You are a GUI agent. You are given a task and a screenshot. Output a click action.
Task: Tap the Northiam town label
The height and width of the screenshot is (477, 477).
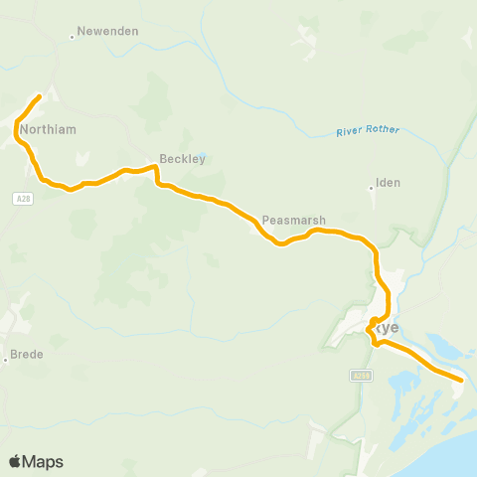tap(47, 129)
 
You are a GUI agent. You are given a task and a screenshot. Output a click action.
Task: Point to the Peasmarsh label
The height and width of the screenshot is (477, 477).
tap(289, 220)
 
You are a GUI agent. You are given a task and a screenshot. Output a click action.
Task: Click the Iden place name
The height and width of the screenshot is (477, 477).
tap(388, 185)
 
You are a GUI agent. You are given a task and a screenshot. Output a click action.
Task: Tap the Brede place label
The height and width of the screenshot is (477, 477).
tap(29, 354)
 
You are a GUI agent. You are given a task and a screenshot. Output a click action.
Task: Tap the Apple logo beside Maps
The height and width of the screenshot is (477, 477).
tap(15, 461)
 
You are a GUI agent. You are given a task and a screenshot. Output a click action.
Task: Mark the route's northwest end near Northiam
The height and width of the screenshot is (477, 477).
tap(39, 96)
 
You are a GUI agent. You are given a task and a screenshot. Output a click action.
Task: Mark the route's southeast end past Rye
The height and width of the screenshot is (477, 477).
tap(461, 379)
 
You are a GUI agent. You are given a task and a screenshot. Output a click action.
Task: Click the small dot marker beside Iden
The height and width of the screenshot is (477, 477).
tap(371, 186)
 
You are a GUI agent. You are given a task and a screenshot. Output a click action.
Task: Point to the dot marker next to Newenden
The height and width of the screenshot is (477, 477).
tap(73, 38)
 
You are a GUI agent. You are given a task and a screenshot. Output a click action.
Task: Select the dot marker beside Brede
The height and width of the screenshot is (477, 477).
tap(6, 360)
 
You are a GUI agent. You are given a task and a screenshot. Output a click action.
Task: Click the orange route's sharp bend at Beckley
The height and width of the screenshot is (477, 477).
tap(156, 169)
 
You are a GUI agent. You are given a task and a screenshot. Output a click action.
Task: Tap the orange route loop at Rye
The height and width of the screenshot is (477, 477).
tap(372, 323)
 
